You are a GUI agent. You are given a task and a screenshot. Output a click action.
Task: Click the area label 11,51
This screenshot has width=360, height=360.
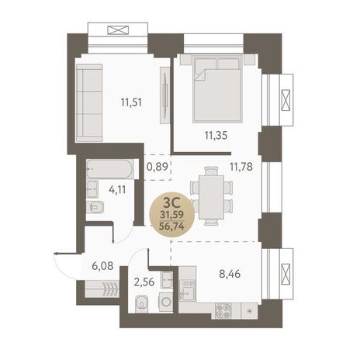[131, 102]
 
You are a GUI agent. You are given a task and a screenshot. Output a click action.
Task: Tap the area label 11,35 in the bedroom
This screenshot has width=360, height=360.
[216, 135]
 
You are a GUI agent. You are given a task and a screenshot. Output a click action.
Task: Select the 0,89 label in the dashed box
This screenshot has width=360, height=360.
[157, 167]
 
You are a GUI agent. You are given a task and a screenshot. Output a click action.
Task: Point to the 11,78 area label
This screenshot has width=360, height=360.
[241, 167]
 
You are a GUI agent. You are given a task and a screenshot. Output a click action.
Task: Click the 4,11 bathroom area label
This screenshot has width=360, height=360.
[117, 190]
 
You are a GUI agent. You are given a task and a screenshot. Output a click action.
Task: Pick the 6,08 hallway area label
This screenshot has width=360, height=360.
[102, 265]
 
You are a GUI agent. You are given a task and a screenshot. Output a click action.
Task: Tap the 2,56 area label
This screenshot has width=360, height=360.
[144, 282]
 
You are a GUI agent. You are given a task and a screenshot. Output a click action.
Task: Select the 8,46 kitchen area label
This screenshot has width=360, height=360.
[230, 274]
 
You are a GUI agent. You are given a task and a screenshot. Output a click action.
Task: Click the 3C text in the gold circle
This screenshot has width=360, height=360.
[171, 203]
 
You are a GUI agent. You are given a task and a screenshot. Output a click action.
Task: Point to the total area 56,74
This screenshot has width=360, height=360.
[171, 227]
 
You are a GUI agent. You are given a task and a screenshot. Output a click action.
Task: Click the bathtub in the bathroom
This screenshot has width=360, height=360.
[110, 169]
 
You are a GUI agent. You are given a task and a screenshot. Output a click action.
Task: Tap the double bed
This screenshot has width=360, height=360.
[217, 88]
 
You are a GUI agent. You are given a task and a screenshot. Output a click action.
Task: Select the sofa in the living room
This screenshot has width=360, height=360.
[89, 103]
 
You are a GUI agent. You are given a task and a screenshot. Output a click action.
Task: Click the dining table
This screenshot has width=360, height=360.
[211, 197]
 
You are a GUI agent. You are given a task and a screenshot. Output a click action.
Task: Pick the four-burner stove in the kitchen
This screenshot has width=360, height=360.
[223, 311]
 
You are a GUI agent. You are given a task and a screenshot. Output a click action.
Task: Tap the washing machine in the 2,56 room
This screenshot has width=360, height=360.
[166, 302]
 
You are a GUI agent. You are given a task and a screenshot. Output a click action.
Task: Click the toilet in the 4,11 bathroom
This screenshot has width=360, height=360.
[95, 207]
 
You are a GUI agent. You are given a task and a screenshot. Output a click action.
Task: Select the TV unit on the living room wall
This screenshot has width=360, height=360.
[164, 95]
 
